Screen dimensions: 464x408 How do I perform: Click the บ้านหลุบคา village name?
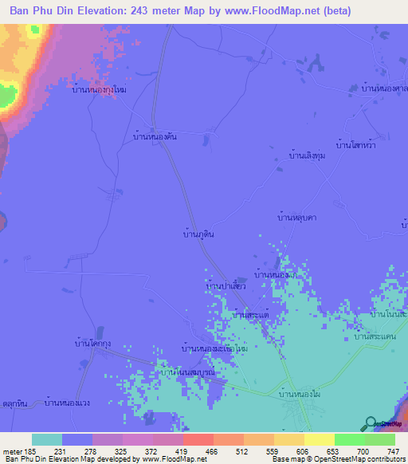pos(296,216)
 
